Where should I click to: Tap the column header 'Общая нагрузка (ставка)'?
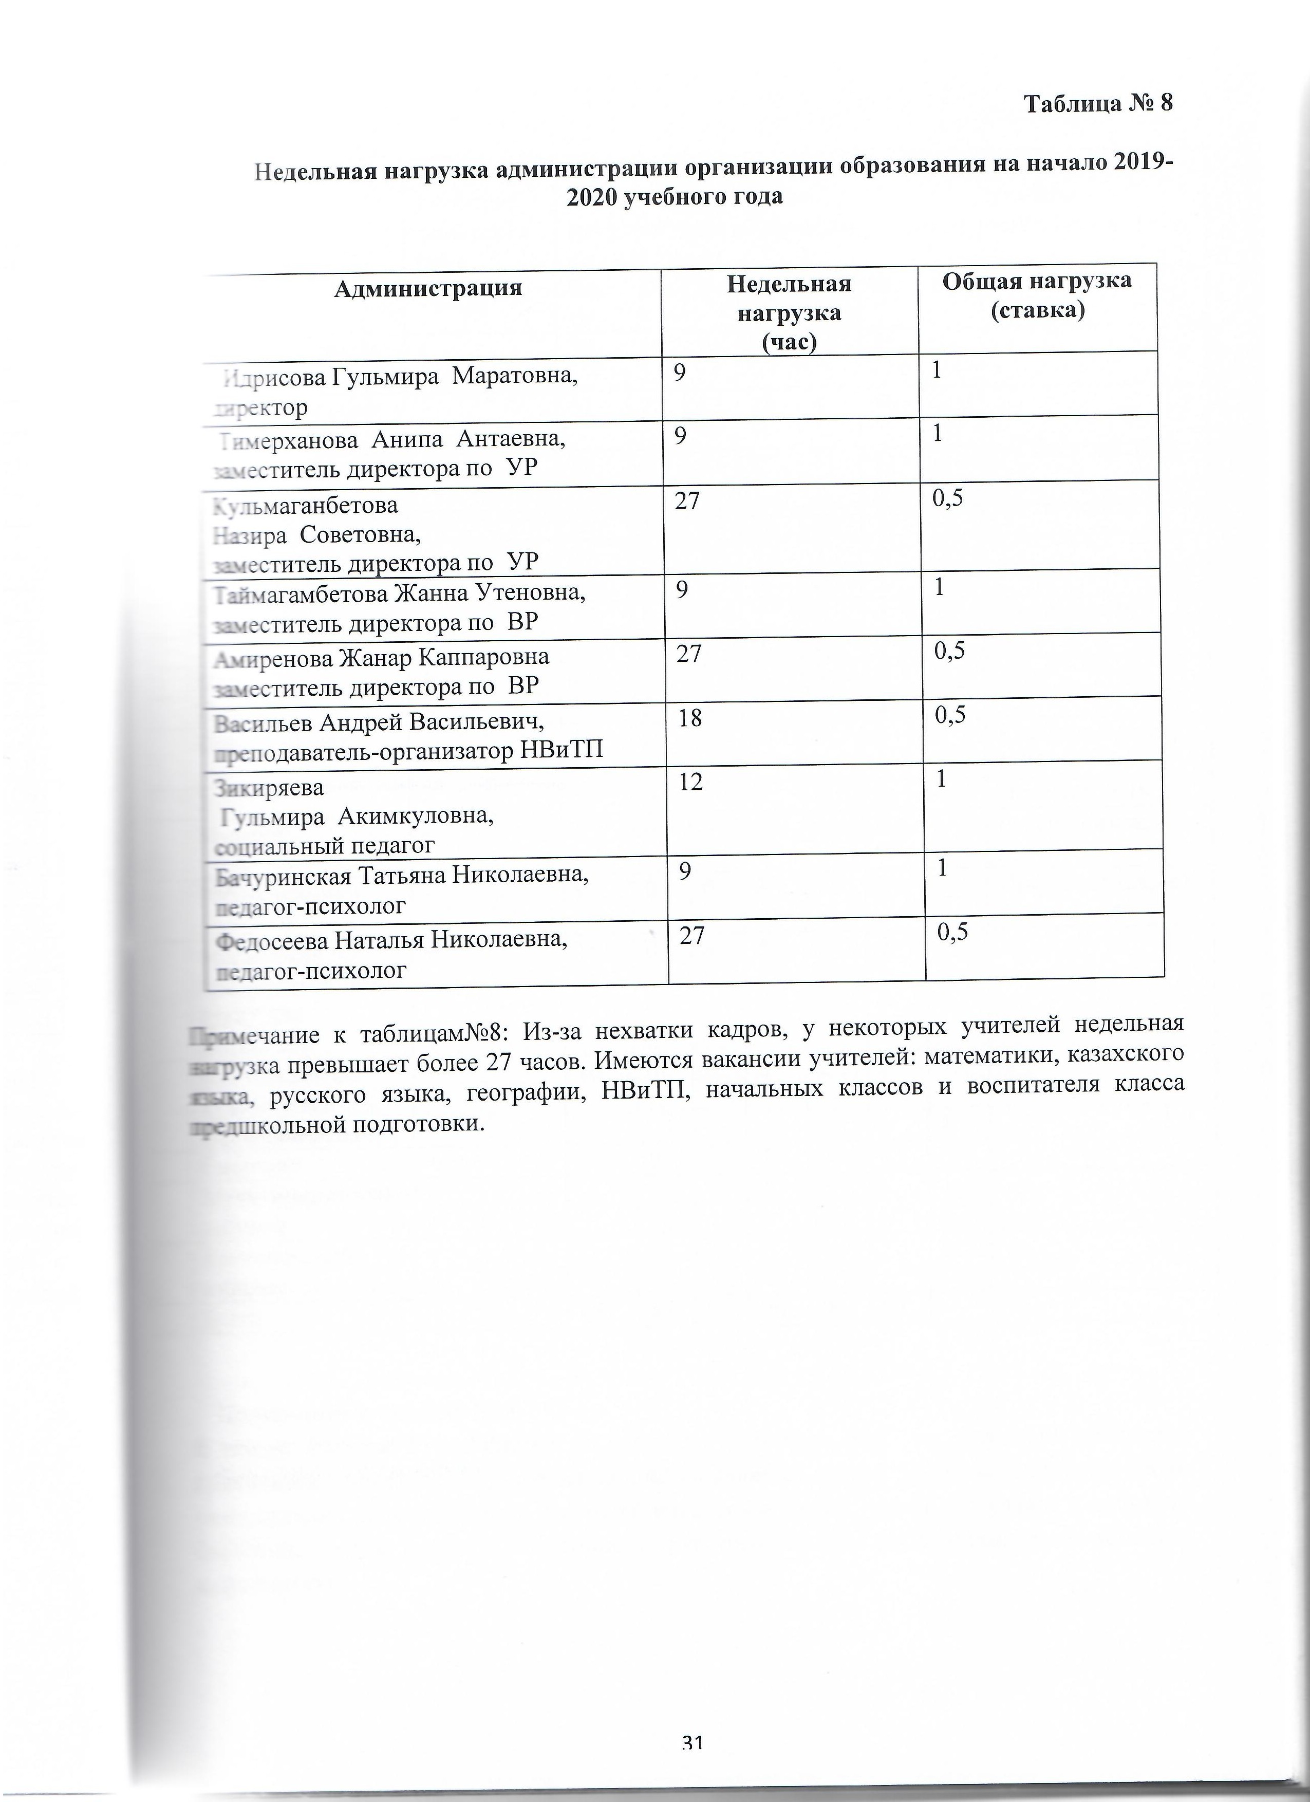point(1037,295)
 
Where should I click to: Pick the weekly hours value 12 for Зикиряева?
point(690,783)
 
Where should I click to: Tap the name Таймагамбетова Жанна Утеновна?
point(400,593)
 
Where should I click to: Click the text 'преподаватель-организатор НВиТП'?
point(409,751)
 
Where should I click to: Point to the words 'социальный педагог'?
point(324,845)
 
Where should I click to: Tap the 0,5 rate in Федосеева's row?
point(952,932)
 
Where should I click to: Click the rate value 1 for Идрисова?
point(938,370)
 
